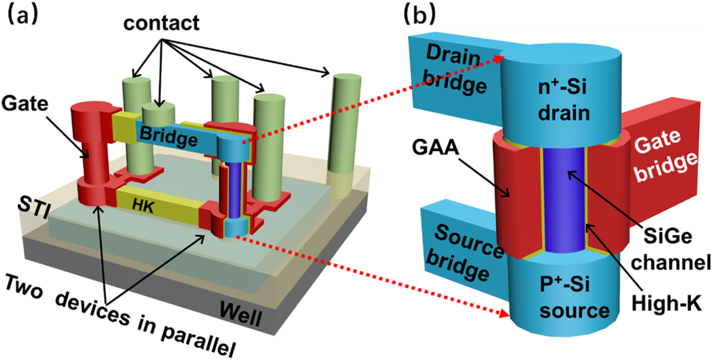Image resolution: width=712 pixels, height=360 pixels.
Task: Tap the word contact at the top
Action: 161,23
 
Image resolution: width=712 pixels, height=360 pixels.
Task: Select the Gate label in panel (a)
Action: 24,103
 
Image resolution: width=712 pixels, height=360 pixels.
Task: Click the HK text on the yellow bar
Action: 143,206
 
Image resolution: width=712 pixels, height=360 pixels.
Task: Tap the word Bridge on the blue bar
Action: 168,136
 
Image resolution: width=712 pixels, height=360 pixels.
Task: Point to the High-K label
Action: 666,303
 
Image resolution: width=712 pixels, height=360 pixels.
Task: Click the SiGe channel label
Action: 670,249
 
